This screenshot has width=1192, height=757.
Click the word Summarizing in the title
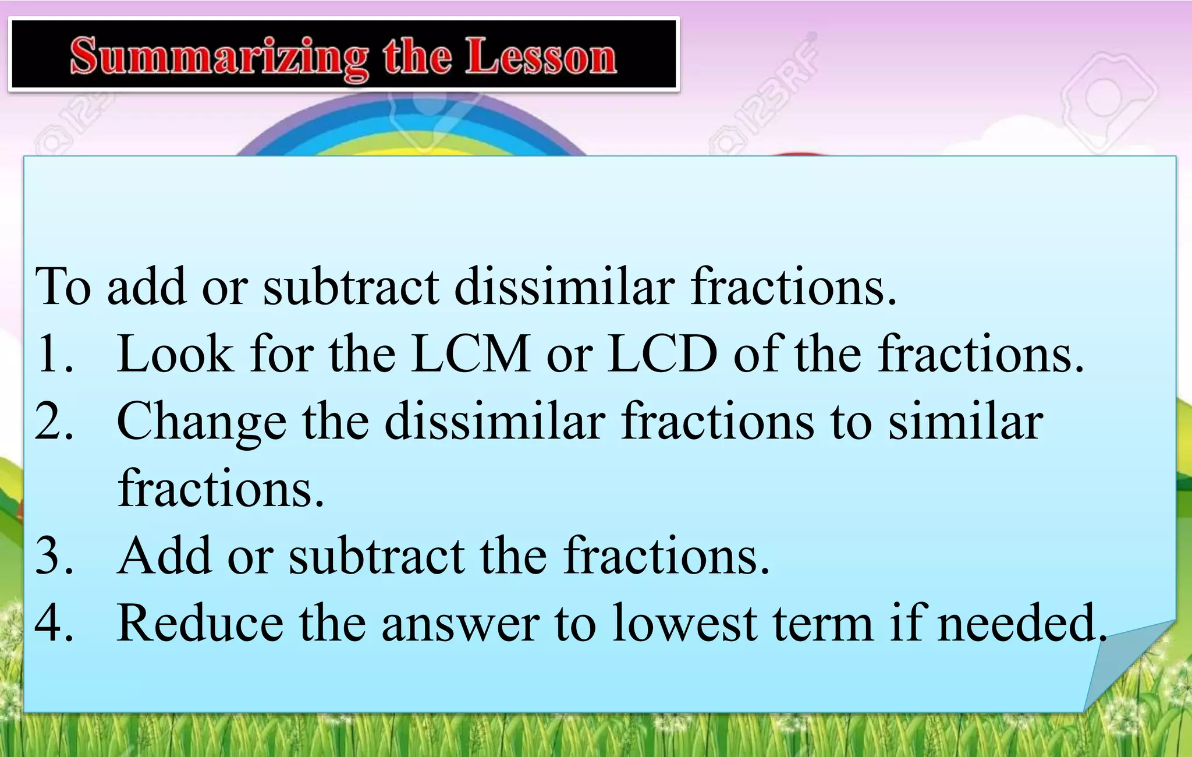click(x=219, y=57)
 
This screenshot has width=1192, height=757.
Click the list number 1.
click(x=54, y=353)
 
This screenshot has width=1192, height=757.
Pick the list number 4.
click(x=54, y=622)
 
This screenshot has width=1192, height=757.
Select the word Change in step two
click(x=201, y=422)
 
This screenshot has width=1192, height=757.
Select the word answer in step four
click(x=460, y=624)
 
